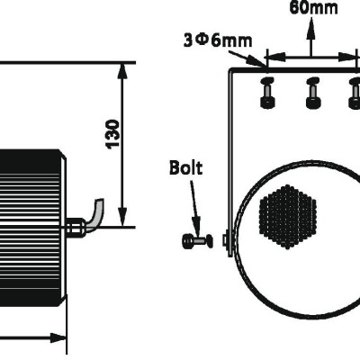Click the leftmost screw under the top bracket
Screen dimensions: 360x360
pos(267,93)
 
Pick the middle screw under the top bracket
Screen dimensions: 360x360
pos(311,93)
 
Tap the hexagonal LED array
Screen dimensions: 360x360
pos(290,216)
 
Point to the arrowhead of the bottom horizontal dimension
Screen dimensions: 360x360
pos(61,339)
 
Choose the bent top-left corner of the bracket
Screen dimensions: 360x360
pos(233,70)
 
